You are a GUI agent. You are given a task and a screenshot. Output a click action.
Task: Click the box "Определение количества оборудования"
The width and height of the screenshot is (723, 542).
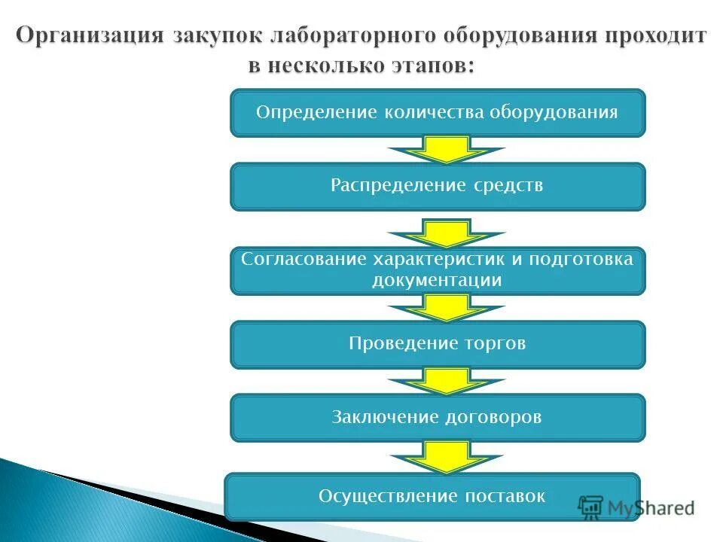438,113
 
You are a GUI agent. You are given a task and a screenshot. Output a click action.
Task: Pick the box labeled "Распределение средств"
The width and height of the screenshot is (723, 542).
438,186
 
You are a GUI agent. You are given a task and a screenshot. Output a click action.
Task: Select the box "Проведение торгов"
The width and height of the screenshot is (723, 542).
438,344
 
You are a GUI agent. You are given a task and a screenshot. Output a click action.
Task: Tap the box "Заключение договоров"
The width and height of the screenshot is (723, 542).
438,417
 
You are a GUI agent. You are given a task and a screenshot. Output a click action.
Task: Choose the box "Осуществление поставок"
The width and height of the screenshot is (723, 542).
432,496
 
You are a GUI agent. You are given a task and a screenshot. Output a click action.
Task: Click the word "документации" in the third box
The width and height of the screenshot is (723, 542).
437,281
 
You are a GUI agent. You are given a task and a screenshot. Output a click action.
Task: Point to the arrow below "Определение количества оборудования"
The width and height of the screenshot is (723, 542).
447,150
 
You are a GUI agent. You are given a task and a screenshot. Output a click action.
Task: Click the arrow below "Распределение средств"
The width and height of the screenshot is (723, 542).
447,233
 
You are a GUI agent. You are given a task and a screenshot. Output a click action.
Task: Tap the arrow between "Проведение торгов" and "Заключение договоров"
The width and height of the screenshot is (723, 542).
447,381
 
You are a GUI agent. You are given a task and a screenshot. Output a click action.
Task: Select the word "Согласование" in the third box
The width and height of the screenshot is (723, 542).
304,259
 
